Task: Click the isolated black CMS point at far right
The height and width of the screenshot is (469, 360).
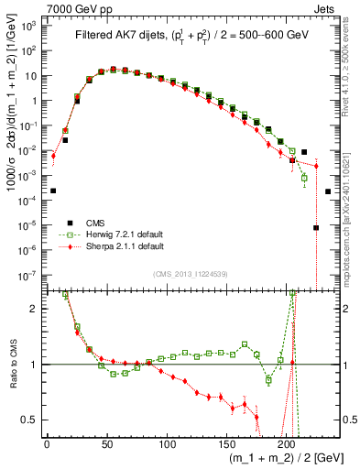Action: pos(328,191)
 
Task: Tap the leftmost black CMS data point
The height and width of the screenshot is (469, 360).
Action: pos(53,191)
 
